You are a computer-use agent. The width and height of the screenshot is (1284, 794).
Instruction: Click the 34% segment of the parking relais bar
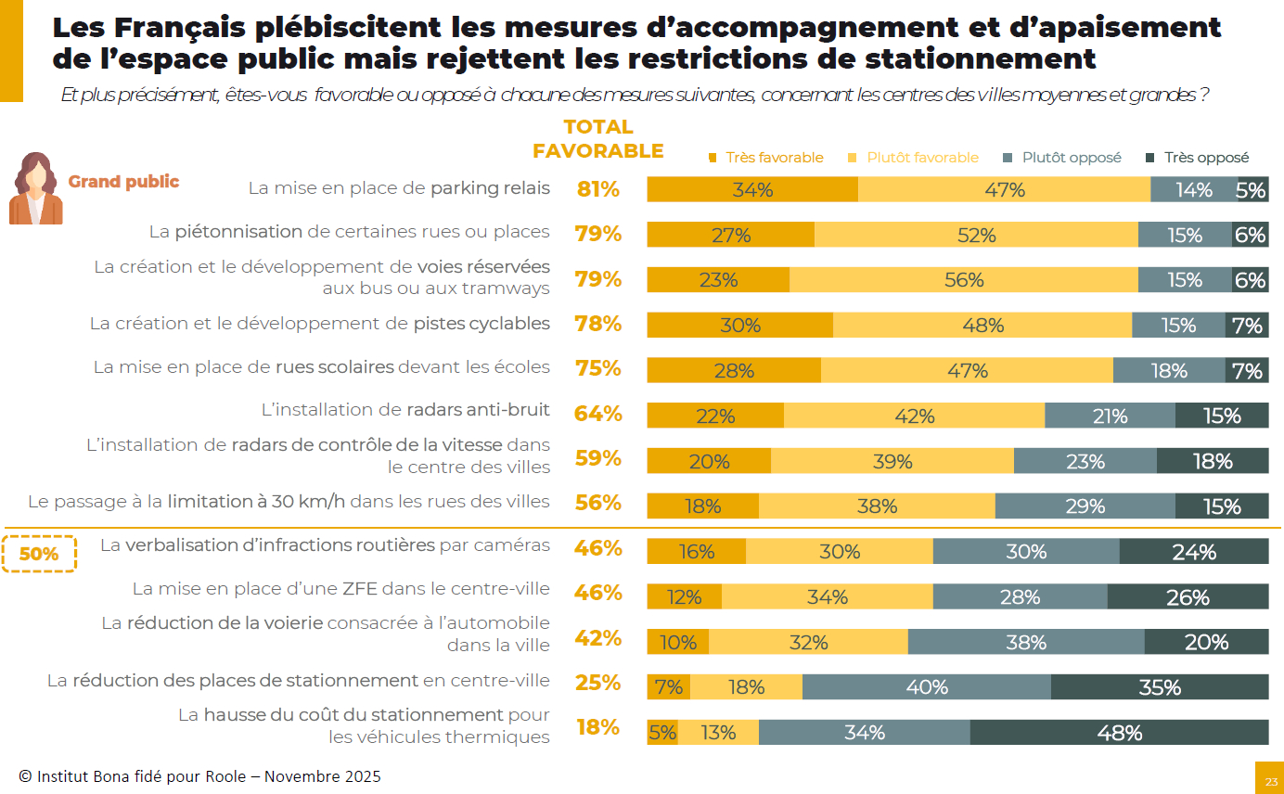(x=752, y=189)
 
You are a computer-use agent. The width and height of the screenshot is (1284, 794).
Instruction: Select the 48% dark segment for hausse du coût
(x=1119, y=733)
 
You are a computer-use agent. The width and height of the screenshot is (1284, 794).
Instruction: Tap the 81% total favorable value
(x=597, y=189)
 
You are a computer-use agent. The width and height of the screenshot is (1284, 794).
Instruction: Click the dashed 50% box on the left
(x=38, y=554)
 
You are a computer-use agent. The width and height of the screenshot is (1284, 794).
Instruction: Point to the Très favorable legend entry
(x=766, y=158)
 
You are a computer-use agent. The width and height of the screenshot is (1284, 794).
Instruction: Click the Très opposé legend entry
(x=1199, y=158)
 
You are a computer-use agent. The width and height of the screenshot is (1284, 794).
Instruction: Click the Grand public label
(x=123, y=182)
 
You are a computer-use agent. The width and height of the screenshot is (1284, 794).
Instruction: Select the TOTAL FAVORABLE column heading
(x=598, y=139)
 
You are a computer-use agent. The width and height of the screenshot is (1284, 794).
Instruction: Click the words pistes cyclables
(x=481, y=324)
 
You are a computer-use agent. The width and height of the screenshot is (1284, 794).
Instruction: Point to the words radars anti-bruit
(x=478, y=410)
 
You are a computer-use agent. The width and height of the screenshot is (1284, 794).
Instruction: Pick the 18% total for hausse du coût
(x=597, y=727)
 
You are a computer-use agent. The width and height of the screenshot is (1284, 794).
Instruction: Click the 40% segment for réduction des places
(x=927, y=687)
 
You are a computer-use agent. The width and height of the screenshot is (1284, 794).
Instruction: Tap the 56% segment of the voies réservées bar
(x=963, y=280)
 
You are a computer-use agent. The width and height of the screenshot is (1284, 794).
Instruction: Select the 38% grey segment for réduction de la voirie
(x=1026, y=642)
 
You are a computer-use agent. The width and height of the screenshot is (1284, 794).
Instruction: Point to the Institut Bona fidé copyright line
(x=199, y=776)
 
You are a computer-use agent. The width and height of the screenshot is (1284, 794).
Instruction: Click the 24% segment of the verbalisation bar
(x=1193, y=552)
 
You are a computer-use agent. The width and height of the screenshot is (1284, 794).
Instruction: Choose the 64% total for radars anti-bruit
(x=597, y=413)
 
